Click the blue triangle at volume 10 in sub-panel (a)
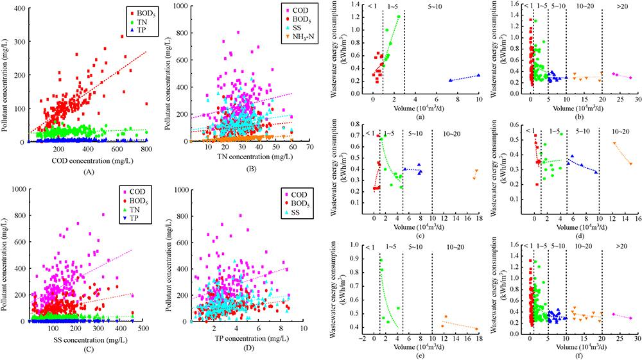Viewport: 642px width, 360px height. coord(479,75)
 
